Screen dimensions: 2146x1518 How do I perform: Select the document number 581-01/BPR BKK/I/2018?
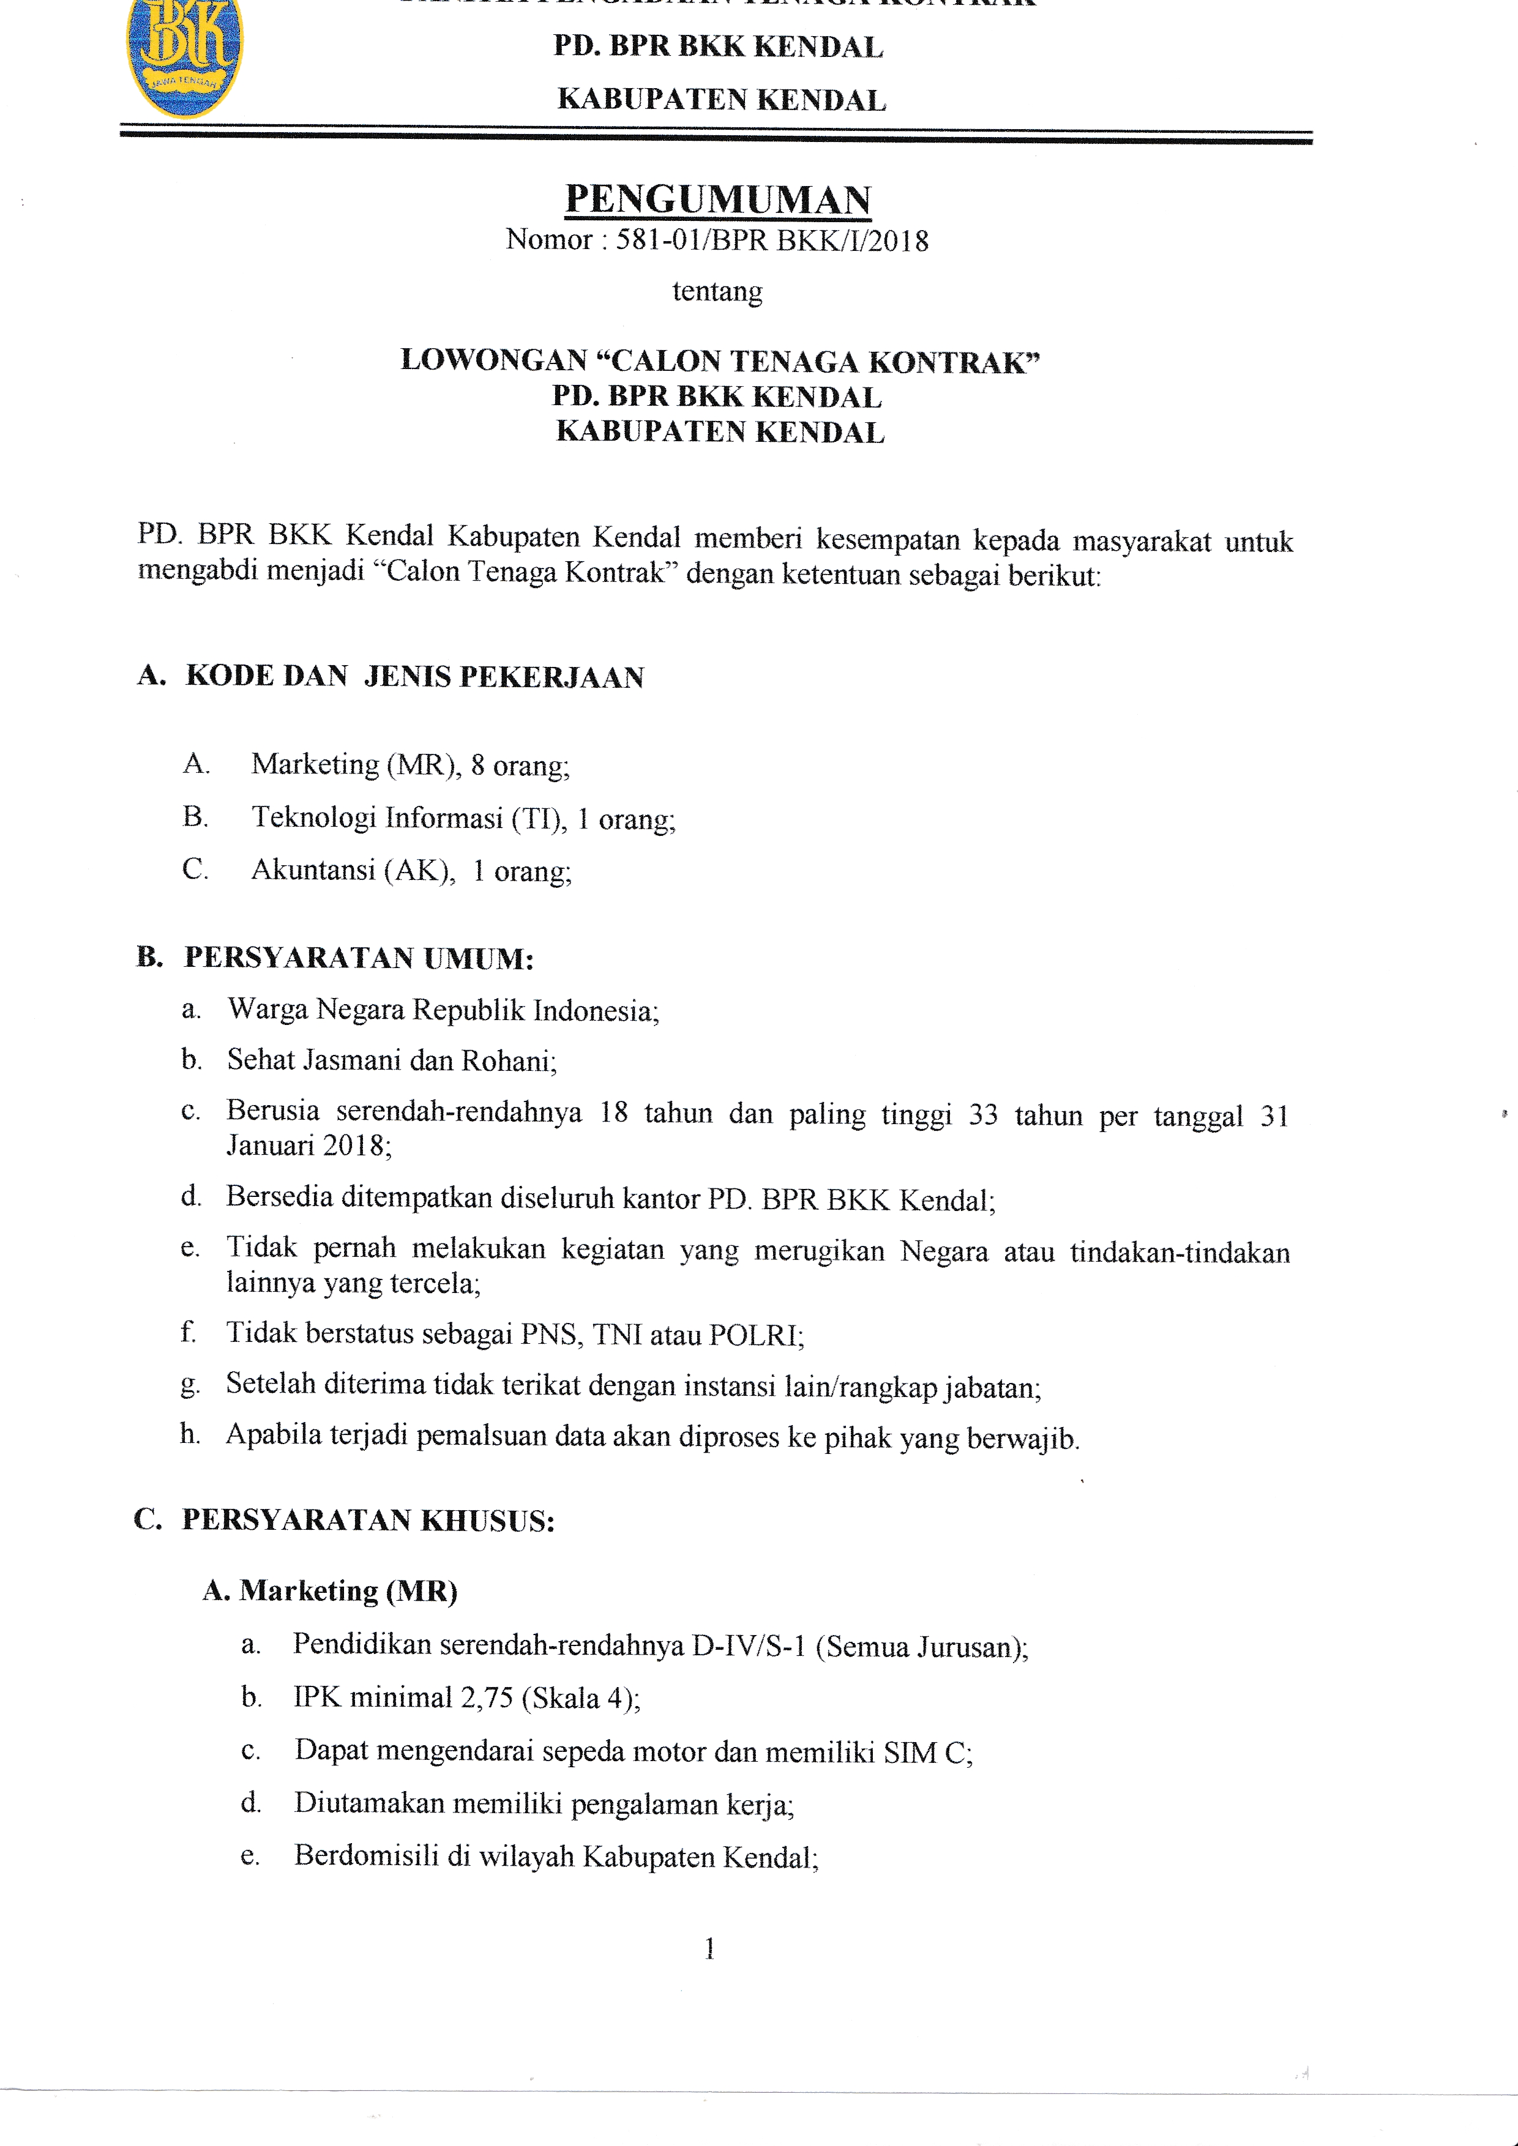772,241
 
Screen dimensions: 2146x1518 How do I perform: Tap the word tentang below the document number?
717,292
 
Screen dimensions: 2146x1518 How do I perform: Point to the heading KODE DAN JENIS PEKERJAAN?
414,677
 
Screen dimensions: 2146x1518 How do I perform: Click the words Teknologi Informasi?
378,819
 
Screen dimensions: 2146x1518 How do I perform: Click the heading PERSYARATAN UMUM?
358,959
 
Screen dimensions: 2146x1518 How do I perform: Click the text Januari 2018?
309,1146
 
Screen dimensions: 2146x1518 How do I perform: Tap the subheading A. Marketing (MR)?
330,1591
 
